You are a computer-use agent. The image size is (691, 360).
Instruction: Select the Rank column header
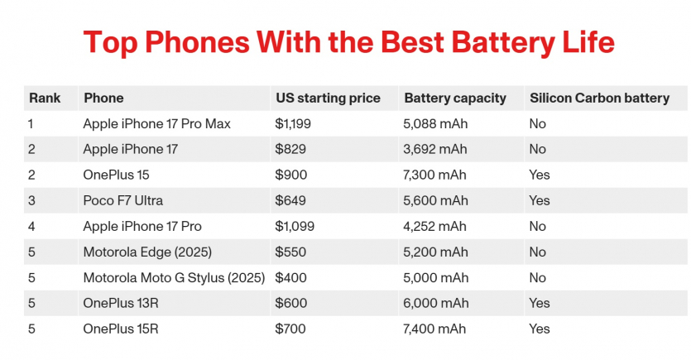(45, 98)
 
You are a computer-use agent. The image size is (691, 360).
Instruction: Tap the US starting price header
(328, 98)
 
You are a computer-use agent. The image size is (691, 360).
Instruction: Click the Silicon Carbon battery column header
(599, 98)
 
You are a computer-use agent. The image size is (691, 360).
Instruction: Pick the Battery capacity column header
(455, 98)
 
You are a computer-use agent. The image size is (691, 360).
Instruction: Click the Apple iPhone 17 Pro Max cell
(156, 123)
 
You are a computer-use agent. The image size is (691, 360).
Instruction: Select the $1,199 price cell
(295, 123)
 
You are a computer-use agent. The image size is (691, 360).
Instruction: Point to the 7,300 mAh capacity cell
(435, 175)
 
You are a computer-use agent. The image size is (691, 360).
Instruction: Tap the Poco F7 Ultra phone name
(123, 200)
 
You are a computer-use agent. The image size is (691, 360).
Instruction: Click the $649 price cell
(290, 200)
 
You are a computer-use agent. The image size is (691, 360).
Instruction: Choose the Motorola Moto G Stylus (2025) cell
(174, 277)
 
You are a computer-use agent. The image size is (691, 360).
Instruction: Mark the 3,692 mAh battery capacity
(435, 149)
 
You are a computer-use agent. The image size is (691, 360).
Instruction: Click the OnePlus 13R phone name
(121, 303)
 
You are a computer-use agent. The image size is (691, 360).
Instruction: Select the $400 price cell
(290, 277)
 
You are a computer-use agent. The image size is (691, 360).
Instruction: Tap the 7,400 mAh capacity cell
(435, 329)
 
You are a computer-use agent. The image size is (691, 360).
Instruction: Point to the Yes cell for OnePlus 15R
(540, 329)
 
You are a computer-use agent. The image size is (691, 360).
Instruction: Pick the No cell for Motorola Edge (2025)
(538, 252)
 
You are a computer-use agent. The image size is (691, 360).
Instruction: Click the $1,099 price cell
(295, 226)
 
